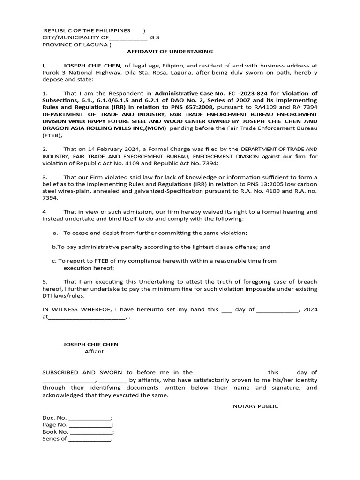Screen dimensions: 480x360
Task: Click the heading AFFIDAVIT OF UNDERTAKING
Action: tap(170, 52)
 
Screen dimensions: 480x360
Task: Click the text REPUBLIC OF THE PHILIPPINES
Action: tap(87, 30)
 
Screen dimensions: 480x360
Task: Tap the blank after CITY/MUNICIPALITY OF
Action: tap(127, 38)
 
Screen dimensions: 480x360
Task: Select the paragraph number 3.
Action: tap(45, 177)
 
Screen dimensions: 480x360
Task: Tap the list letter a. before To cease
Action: tap(55, 233)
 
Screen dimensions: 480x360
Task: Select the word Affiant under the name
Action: tap(94, 352)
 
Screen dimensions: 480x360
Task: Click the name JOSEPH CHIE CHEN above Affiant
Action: tap(91, 345)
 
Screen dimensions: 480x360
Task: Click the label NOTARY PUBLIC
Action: tap(255, 406)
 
